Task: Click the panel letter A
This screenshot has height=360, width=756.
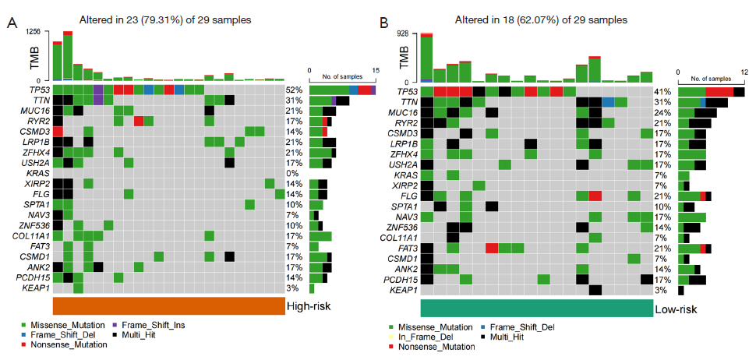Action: click(12, 23)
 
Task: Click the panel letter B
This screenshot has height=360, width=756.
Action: click(383, 23)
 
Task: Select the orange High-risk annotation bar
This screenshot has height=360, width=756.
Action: click(168, 305)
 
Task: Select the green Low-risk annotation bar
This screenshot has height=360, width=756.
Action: click(536, 307)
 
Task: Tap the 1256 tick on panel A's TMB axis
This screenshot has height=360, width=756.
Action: click(33, 31)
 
